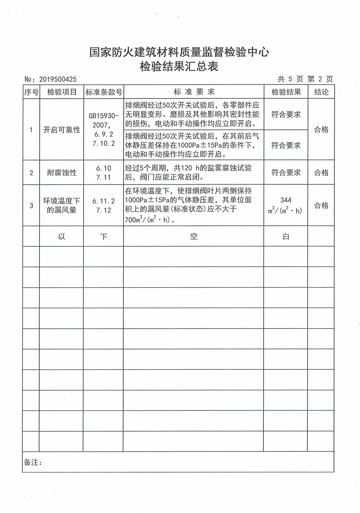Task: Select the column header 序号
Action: coord(31,92)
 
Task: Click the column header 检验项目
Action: coord(62,92)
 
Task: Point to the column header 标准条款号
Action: coord(104,92)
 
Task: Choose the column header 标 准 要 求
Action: coord(194,92)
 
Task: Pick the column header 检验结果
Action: coord(286,92)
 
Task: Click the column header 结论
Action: coord(321,92)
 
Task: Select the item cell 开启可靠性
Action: coord(62,130)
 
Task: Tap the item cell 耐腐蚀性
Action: coord(62,173)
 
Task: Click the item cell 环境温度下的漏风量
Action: coord(62,206)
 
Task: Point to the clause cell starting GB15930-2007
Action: coord(104,130)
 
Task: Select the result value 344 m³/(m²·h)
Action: coord(286,205)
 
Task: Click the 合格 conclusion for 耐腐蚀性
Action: coord(321,173)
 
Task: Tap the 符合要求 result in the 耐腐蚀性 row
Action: coord(286,173)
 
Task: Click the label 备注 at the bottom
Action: coord(33,462)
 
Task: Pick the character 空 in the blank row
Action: coord(194,236)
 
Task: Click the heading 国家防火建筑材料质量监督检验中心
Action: coord(180,52)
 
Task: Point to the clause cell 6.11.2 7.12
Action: coord(104,206)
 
